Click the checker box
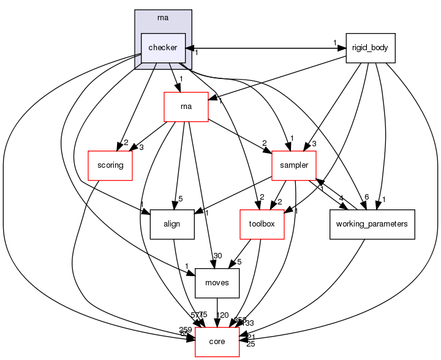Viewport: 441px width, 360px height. click(163, 48)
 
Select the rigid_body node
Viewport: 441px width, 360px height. click(371, 48)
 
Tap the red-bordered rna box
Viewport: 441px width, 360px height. click(186, 107)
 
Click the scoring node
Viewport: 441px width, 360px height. click(110, 165)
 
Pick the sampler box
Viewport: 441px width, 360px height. click(294, 165)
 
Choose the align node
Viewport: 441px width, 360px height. click(172, 224)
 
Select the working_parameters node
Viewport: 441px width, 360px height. click(372, 224)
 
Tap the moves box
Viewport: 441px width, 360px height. click(217, 283)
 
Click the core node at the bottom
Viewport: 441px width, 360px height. click(217, 341)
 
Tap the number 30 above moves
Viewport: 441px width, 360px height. click(217, 257)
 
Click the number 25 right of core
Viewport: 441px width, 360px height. click(250, 345)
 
